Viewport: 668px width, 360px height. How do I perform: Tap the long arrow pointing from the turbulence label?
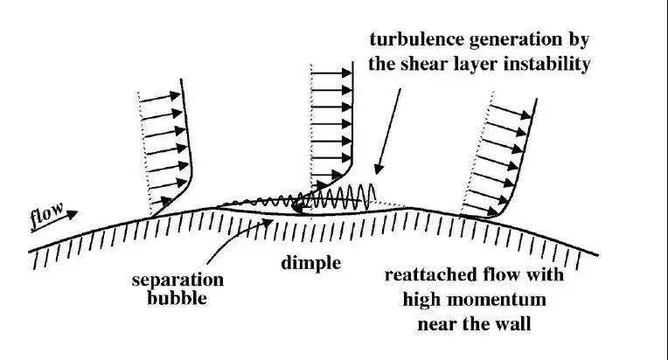[388, 123]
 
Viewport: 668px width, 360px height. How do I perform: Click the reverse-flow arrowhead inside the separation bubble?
[298, 209]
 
